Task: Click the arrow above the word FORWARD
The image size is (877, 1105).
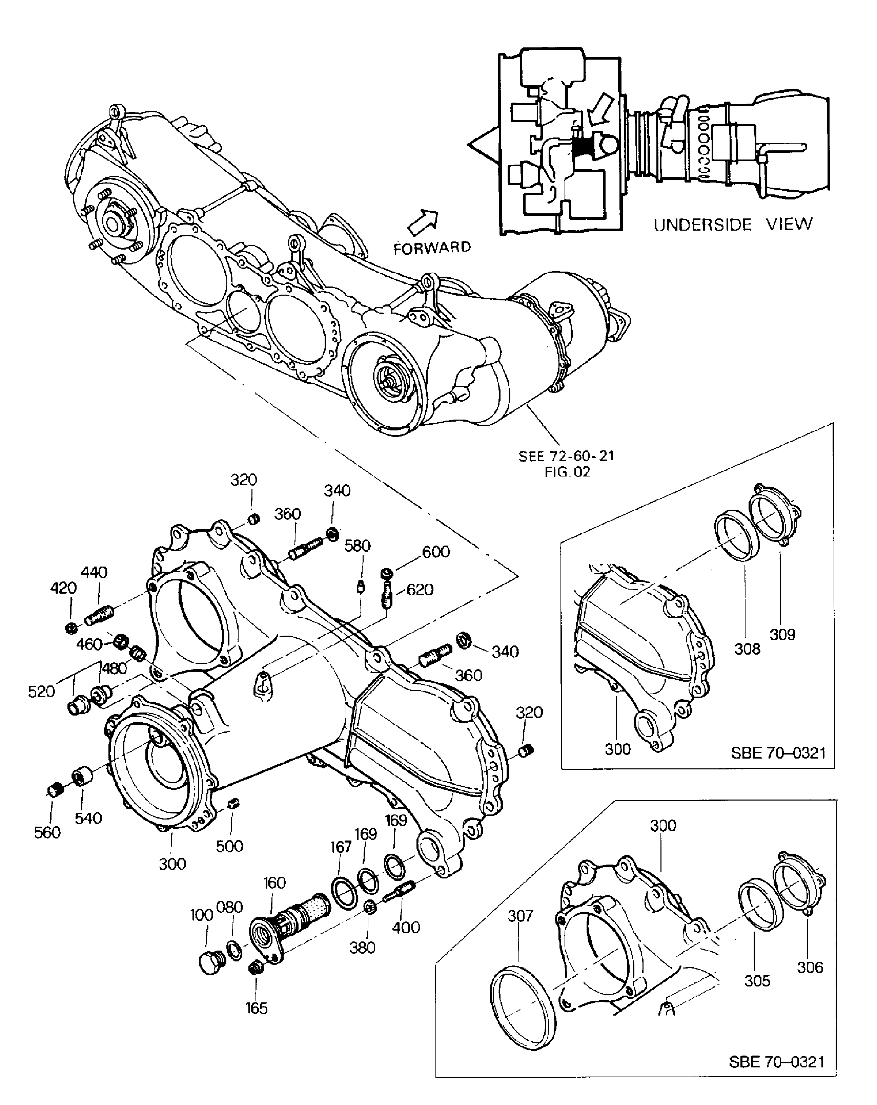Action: (423, 221)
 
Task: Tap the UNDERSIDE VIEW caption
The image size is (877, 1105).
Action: (732, 225)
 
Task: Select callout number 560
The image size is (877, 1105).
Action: (47, 832)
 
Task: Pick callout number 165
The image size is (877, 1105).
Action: (256, 1008)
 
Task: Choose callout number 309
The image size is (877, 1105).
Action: (782, 635)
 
